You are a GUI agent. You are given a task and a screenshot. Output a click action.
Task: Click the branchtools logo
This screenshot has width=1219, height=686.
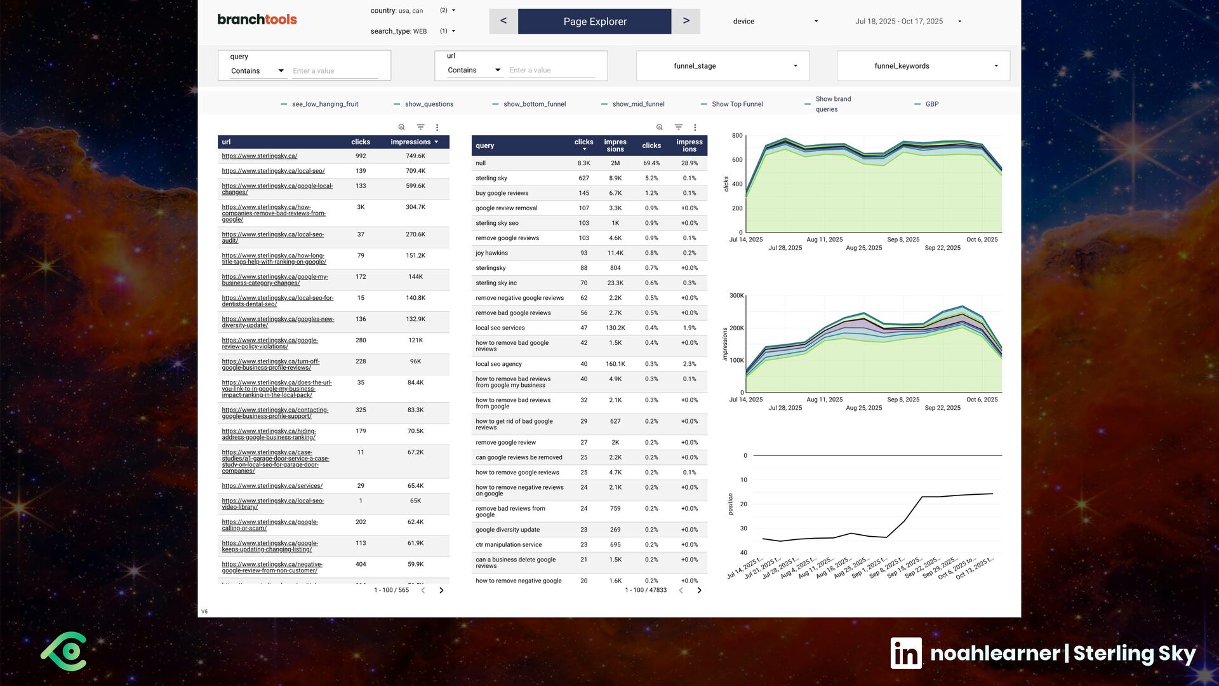coord(257,19)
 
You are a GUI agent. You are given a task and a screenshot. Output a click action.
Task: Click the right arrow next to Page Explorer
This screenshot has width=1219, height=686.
coord(686,21)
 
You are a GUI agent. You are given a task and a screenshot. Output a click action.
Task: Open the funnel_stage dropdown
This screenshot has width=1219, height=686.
coord(723,66)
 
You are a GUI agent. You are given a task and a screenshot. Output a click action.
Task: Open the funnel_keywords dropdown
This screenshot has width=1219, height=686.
coord(923,66)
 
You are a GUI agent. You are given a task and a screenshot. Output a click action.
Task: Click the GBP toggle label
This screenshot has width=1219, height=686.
coord(932,104)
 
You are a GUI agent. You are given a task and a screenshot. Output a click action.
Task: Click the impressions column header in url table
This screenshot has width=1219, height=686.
coord(411,142)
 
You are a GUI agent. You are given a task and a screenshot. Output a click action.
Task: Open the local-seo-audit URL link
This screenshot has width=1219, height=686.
coord(273,238)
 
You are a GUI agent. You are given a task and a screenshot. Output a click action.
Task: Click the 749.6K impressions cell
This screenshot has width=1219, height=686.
coord(416,156)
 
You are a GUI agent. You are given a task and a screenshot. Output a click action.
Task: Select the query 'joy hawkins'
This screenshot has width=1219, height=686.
coord(491,253)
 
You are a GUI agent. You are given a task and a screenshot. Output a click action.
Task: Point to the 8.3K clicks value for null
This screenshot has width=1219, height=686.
coord(583,163)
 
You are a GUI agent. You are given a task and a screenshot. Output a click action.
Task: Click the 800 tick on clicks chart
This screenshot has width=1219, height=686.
coord(737,136)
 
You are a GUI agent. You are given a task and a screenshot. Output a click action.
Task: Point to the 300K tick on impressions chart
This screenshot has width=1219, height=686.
coord(736,296)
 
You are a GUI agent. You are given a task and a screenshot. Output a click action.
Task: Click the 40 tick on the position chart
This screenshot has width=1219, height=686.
coord(743,553)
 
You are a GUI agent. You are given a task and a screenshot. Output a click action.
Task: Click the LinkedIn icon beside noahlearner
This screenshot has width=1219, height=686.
coord(906,653)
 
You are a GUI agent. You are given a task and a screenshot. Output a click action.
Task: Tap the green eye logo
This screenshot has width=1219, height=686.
coord(64,652)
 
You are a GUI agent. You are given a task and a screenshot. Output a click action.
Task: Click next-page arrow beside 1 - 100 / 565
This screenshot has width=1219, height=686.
coord(441,591)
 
